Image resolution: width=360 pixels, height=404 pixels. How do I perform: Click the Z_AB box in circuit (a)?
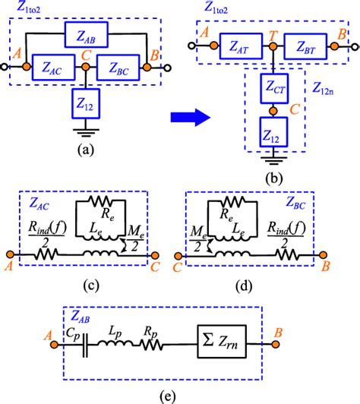point(86,35)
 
